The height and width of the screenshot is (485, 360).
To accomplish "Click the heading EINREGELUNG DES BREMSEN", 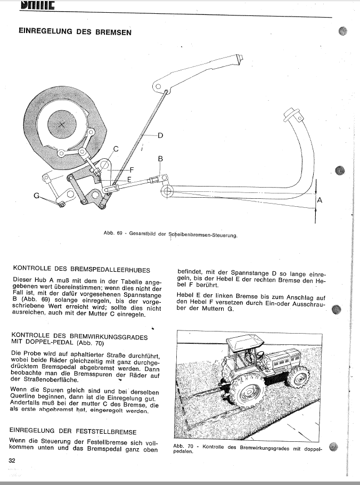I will [75, 31].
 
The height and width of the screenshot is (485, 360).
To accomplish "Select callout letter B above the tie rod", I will [160, 158].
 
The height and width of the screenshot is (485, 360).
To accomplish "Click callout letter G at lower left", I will [37, 196].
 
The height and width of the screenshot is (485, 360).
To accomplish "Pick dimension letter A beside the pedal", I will [320, 200].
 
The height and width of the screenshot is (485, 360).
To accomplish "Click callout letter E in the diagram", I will [128, 180].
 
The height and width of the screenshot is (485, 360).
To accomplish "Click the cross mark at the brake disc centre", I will [62, 124].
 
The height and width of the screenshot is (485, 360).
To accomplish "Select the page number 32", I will [11, 460].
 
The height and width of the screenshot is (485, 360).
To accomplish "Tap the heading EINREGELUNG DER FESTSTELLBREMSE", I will [73, 431].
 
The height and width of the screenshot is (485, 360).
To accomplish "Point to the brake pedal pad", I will [292, 114].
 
